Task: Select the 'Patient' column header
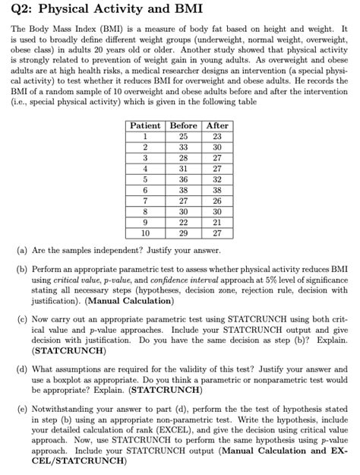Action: pyautogui.click(x=145, y=125)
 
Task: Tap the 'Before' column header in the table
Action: pyautogui.click(x=184, y=125)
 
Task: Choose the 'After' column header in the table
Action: pyautogui.click(x=217, y=125)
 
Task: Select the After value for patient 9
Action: pyautogui.click(x=217, y=223)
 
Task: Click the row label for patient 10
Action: pyautogui.click(x=145, y=233)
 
